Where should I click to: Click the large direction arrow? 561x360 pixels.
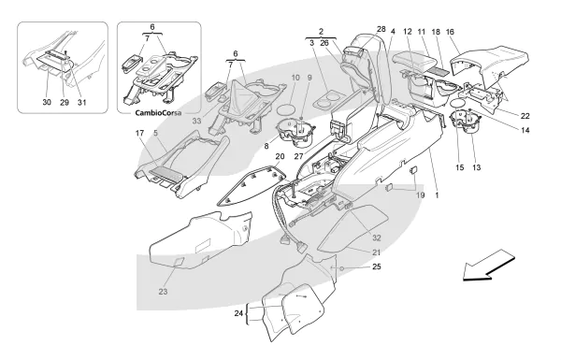coord(488,266)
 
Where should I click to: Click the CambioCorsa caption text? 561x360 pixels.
coord(158,113)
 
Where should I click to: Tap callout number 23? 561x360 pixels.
coord(163,292)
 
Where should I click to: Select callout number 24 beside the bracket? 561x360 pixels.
coord(238,313)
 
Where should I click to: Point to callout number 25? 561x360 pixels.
coord(377,266)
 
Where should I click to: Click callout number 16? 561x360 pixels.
coord(450,32)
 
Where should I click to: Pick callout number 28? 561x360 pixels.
coord(381,29)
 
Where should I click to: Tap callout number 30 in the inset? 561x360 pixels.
coord(47,102)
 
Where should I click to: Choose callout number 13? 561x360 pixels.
coord(477,167)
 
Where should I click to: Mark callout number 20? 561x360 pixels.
coord(280,156)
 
